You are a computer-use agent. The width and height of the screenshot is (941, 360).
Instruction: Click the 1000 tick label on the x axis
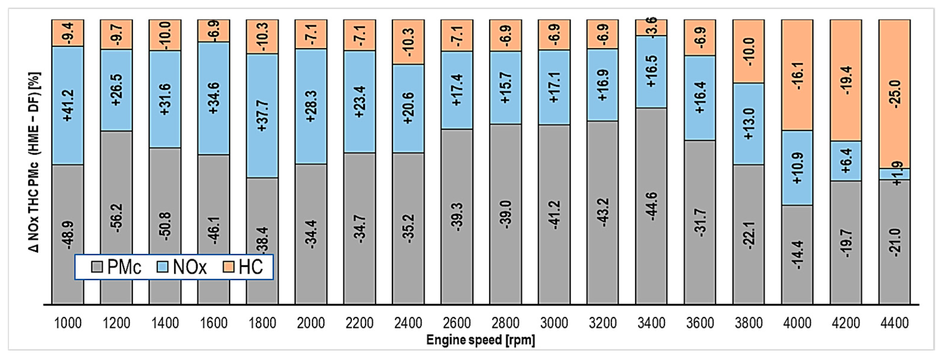click(x=68, y=323)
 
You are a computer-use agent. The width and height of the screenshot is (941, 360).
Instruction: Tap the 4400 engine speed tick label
click(x=894, y=323)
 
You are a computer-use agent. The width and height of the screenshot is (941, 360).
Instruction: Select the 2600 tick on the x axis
click(x=456, y=323)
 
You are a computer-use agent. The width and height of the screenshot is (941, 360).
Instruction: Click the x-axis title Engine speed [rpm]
click(x=480, y=340)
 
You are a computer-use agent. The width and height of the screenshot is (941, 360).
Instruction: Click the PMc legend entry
click(x=116, y=267)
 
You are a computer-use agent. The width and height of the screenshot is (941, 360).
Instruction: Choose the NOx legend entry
click(x=182, y=267)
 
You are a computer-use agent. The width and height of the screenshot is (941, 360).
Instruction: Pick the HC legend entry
click(x=243, y=267)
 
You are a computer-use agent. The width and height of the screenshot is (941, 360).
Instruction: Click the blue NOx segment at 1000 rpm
click(x=68, y=105)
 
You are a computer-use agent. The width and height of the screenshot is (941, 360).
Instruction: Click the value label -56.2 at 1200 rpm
click(x=117, y=218)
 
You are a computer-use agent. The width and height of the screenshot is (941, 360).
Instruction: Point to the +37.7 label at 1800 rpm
click(x=262, y=116)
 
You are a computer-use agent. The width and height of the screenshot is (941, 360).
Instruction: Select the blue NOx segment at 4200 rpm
click(x=846, y=161)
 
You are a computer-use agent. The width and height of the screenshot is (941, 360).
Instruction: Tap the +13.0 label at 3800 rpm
click(x=749, y=124)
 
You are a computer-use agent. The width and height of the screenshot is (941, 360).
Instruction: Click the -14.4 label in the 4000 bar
click(x=798, y=255)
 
